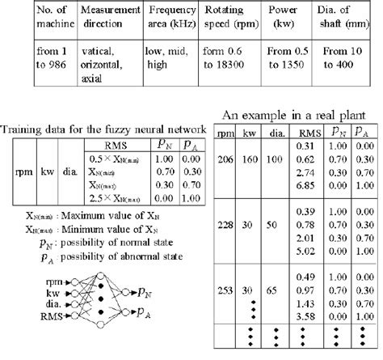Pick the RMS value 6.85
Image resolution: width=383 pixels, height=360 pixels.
pyautogui.click(x=305, y=186)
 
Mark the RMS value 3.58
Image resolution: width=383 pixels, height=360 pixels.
pyautogui.click(x=305, y=314)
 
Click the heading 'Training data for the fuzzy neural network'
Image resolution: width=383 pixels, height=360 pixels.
pyautogui.click(x=104, y=130)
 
